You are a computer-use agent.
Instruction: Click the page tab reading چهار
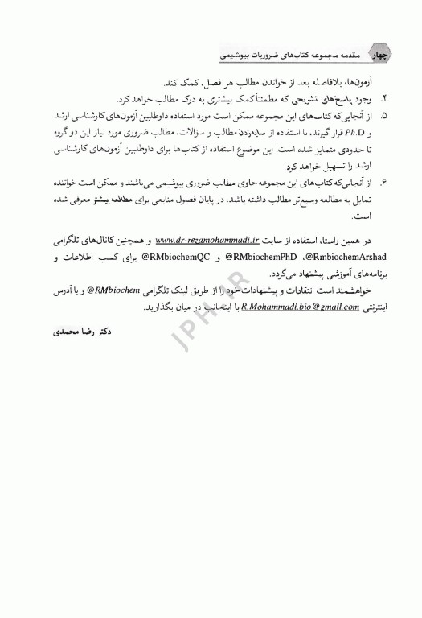coord(383,55)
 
